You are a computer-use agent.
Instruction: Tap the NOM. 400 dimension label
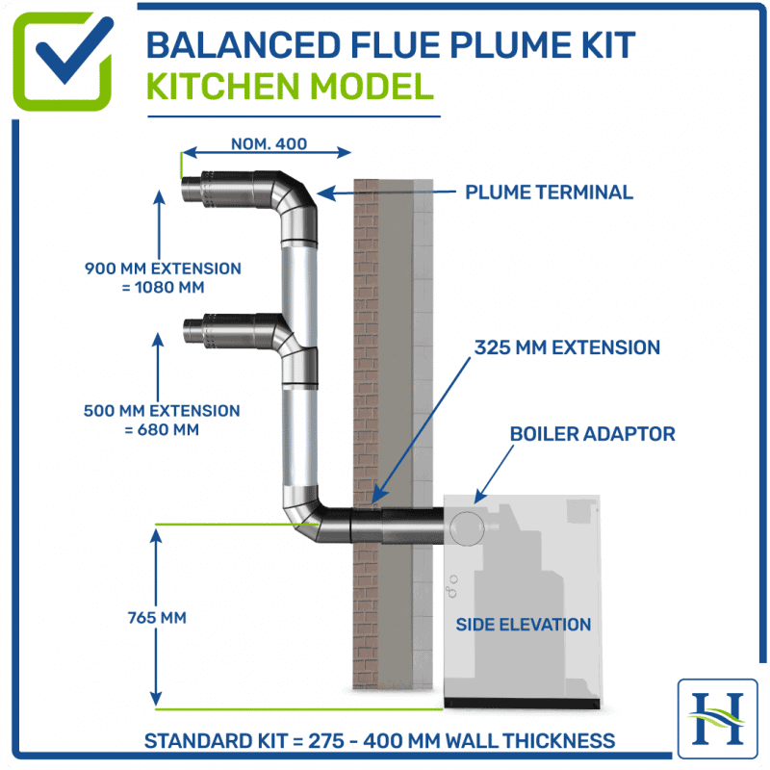(269, 144)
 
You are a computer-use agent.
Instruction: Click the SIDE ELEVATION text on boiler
(523, 625)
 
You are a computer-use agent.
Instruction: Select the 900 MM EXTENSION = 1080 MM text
(163, 277)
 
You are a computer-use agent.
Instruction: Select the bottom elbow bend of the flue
(306, 516)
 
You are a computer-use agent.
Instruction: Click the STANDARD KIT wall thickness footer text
(379, 741)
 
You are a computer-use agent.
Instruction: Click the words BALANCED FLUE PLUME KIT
(390, 45)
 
